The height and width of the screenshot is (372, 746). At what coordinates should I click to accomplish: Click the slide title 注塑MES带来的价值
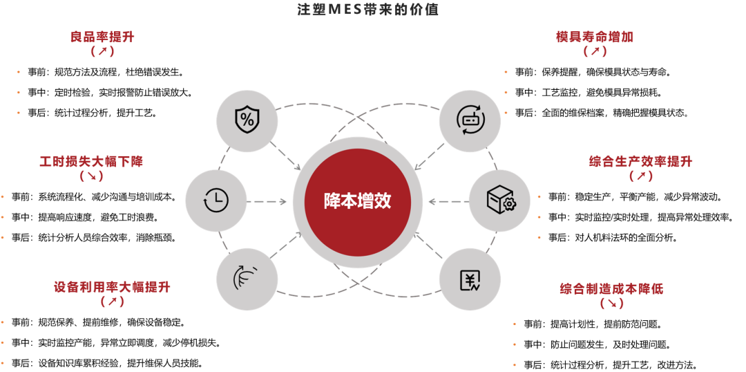[367, 10]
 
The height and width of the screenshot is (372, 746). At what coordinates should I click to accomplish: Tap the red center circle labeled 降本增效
[357, 201]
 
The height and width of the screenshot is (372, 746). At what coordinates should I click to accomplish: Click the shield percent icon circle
[246, 119]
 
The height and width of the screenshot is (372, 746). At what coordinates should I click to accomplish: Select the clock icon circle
[216, 201]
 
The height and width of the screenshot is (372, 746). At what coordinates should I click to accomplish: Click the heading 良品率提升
[102, 37]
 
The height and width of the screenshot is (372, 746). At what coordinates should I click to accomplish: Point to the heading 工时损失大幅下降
[91, 162]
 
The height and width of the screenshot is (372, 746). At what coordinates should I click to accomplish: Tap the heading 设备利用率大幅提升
[112, 287]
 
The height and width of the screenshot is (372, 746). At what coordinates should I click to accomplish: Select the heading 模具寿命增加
[595, 37]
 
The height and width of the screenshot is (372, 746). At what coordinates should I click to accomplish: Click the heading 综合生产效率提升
[640, 162]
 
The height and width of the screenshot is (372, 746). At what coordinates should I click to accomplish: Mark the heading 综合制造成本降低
[611, 288]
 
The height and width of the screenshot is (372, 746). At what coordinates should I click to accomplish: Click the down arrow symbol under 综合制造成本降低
[611, 304]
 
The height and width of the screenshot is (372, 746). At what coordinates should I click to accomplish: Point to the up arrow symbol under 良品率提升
[102, 51]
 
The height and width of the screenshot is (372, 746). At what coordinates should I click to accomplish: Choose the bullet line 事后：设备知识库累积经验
[111, 363]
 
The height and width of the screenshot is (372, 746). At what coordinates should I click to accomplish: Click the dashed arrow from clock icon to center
[266, 201]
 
